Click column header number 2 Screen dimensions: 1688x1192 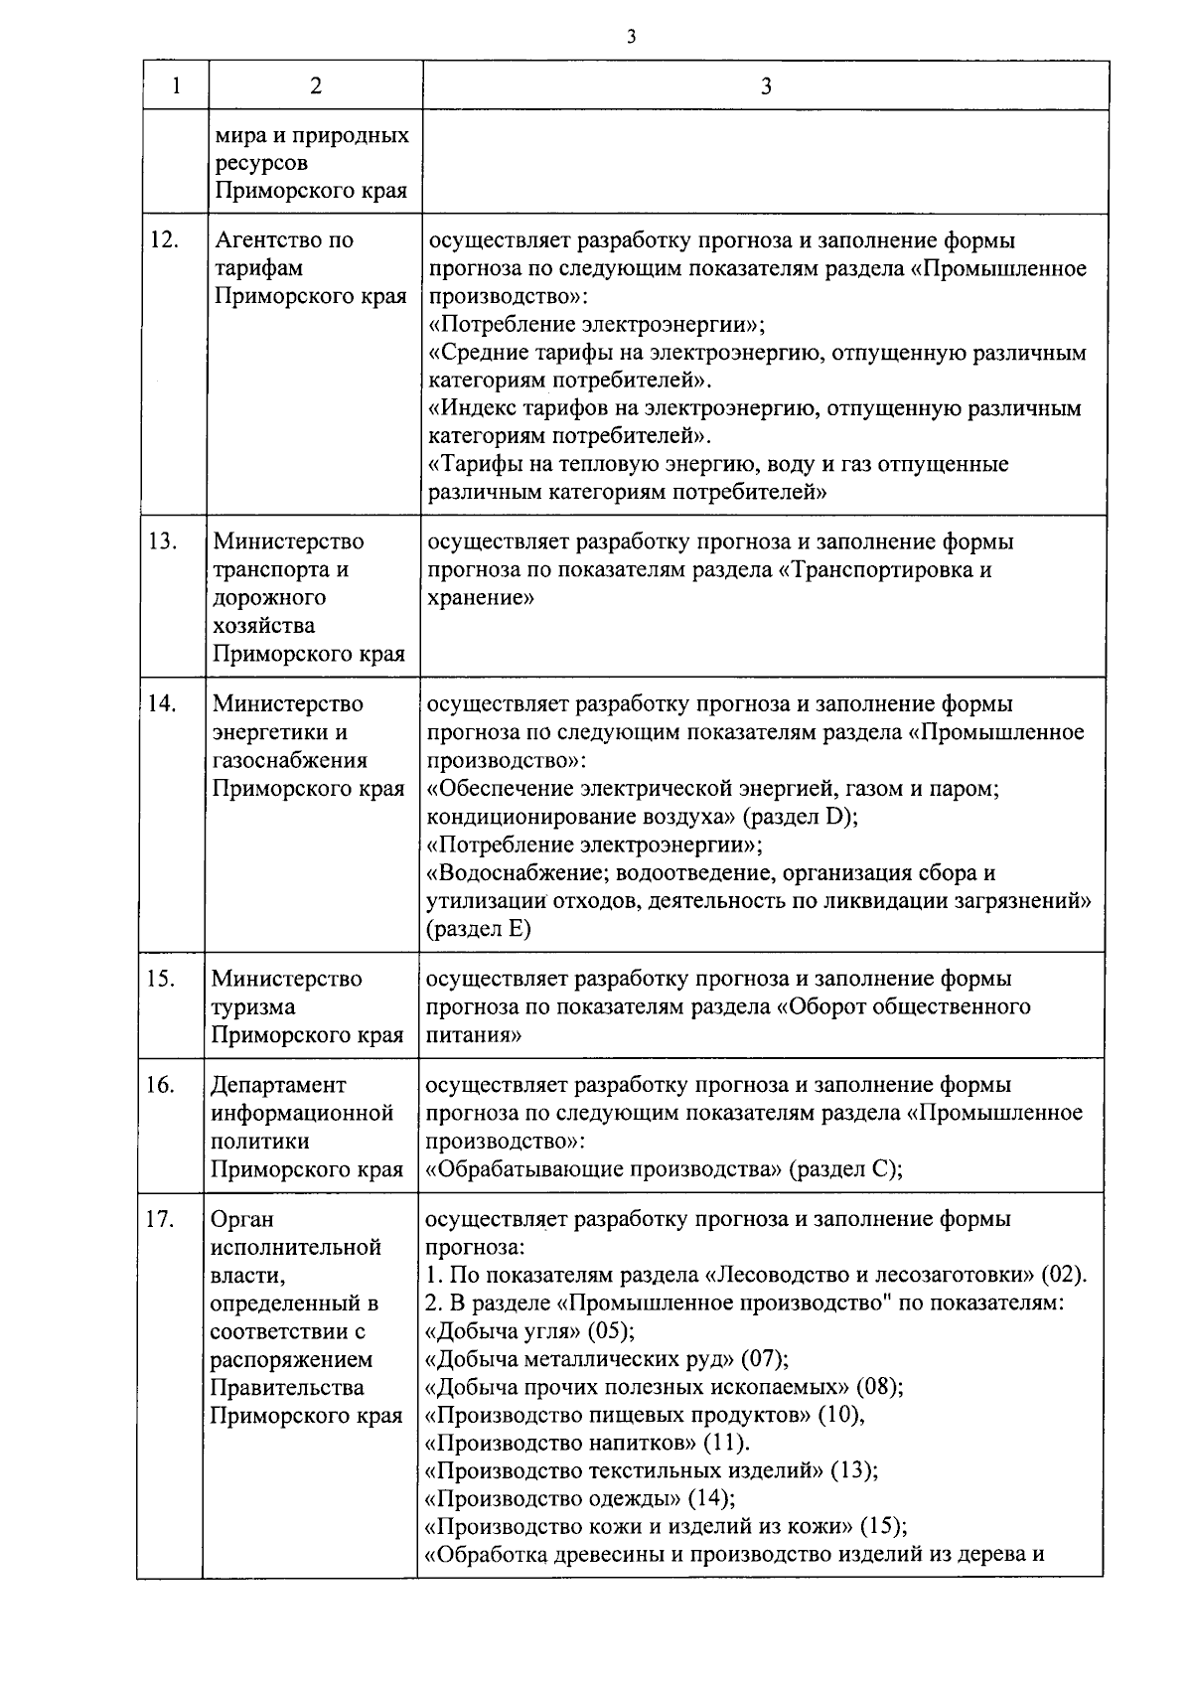coord(315,86)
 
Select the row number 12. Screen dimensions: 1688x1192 coord(163,240)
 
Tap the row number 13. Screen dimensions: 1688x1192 coord(163,541)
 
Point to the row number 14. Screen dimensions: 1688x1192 coord(163,703)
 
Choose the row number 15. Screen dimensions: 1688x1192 coord(161,979)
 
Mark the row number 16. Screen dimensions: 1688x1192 coord(161,1085)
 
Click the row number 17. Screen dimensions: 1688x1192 coord(161,1219)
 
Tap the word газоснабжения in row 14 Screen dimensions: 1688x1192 coord(289,761)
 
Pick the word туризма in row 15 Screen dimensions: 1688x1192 coord(252,1007)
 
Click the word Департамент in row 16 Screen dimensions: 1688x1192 coord(278,1086)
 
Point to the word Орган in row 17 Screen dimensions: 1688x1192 coord(241,1220)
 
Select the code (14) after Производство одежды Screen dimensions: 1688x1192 coord(710,1498)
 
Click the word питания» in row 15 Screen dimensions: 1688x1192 coord(475,1035)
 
